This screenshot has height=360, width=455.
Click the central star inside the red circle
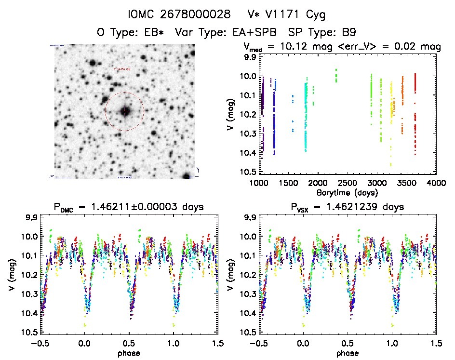(124, 111)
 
